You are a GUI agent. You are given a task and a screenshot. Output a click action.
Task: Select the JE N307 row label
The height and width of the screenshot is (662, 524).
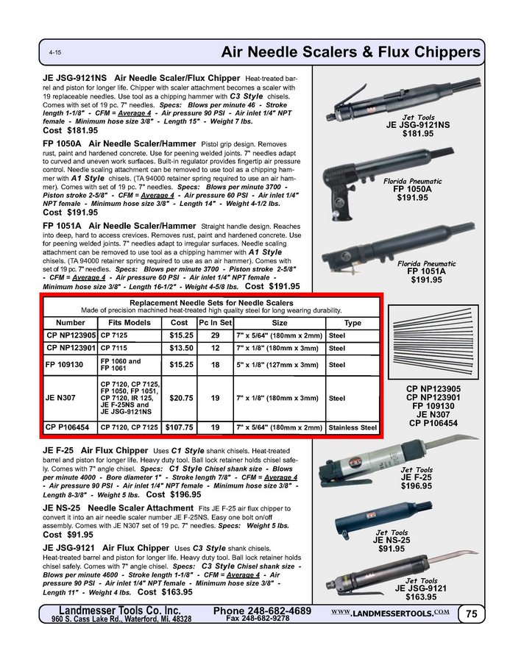60,398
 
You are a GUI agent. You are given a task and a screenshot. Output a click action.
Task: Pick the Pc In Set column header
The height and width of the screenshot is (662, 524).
216,322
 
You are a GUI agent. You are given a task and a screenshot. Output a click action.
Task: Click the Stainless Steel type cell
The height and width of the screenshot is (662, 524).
353,427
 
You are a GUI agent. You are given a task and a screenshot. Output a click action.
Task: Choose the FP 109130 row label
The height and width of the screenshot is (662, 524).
65,364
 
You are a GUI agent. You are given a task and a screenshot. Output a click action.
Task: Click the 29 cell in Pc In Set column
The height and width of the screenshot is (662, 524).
216,335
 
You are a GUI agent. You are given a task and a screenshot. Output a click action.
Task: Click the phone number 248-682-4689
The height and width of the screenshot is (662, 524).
262,611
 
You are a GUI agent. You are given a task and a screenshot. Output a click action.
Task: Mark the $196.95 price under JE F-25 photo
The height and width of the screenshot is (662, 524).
416,486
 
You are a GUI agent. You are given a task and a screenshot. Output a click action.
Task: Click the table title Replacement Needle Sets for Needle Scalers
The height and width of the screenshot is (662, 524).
210,302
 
